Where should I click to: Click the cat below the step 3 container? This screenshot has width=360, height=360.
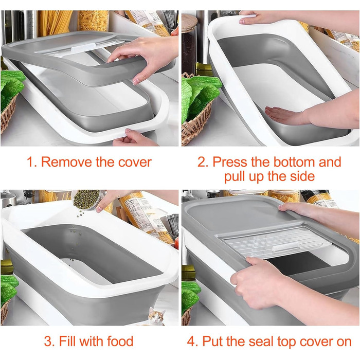point(157,316)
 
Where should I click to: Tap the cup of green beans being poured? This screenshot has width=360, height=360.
point(86,200)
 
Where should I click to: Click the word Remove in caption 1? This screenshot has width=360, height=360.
point(66,162)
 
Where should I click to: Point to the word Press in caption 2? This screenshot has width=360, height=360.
point(230,162)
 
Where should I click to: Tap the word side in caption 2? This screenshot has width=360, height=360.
point(302,176)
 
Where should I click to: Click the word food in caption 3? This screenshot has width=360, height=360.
point(120,341)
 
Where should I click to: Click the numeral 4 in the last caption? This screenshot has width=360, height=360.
point(191,341)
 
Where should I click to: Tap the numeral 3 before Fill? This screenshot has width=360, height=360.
point(48,341)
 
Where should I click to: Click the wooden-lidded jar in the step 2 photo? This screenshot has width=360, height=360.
point(189,44)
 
